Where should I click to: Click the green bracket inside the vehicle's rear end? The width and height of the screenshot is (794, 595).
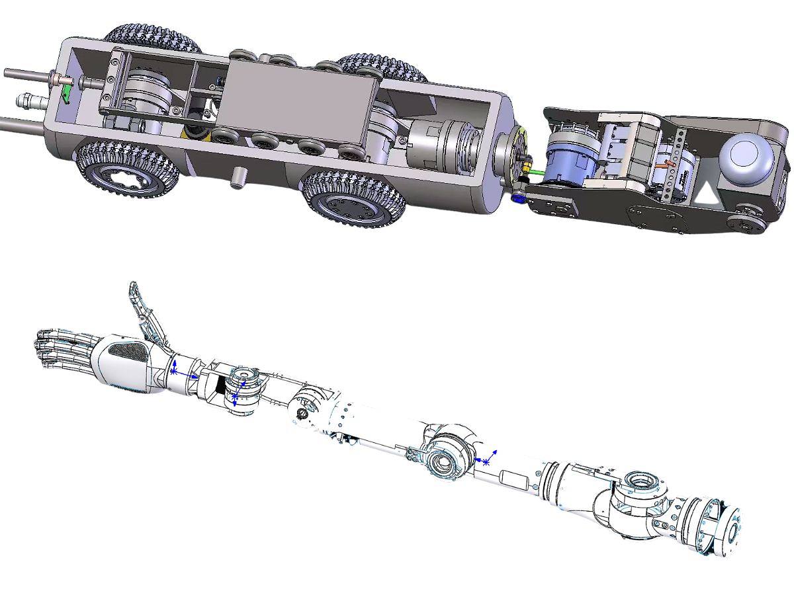pyautogui.click(x=66, y=95)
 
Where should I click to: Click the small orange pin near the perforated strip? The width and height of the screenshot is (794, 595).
pyautogui.click(x=667, y=160)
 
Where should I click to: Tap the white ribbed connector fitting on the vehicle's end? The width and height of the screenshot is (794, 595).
pyautogui.click(x=28, y=103)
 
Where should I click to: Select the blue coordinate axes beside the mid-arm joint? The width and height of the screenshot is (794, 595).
pyautogui.click(x=486, y=459)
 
